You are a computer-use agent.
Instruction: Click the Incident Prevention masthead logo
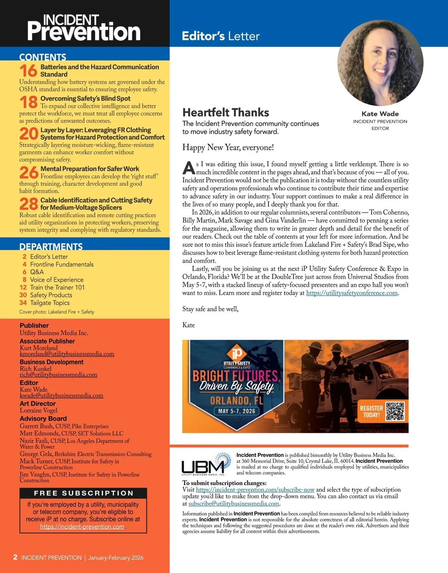(84, 28)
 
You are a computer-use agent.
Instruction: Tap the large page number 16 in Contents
(28, 71)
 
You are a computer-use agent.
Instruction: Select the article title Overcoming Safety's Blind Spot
(85, 98)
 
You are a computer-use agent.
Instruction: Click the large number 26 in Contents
(28, 173)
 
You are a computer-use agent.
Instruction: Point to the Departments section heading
(51, 247)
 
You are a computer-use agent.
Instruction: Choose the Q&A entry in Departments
(37, 272)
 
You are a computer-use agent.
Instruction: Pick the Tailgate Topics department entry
(50, 303)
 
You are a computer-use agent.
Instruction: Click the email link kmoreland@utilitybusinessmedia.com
(67, 354)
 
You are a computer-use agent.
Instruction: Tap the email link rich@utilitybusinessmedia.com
(58, 375)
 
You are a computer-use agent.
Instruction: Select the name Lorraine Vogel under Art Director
(38, 410)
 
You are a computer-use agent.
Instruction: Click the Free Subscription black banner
(83, 493)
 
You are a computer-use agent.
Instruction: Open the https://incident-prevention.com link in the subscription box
(82, 527)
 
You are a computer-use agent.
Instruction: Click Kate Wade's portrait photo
(380, 63)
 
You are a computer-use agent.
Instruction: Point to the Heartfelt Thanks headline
(225, 113)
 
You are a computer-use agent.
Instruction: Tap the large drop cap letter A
(189, 168)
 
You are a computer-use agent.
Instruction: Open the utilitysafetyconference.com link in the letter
(352, 293)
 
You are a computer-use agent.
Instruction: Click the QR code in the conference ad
(395, 411)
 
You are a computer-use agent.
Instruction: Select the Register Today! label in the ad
(371, 411)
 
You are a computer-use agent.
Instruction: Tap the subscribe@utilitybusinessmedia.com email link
(234, 504)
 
